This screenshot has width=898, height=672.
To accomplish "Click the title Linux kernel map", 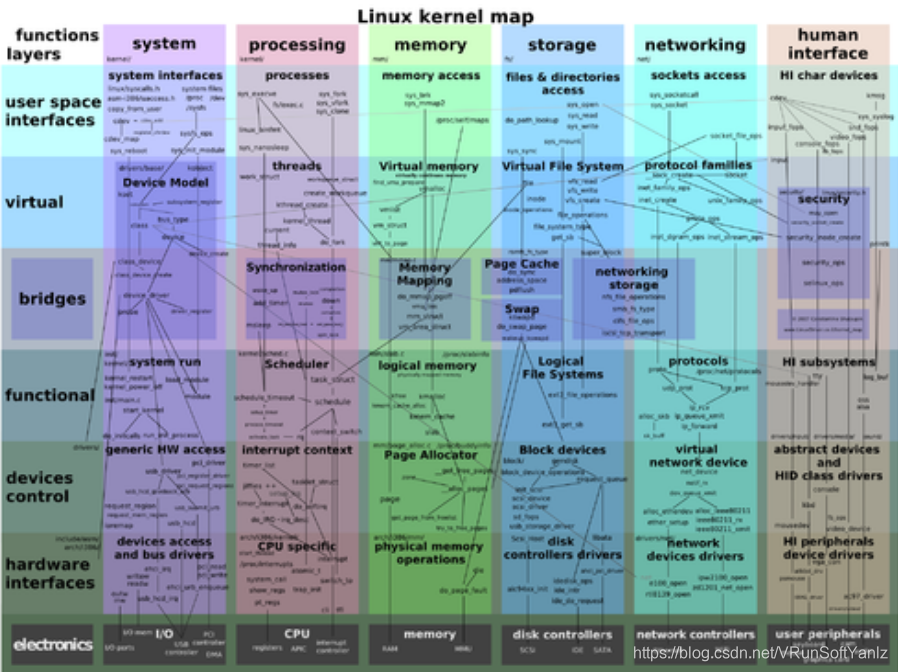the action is tap(446, 15).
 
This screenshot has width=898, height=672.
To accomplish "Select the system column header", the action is tap(164, 44).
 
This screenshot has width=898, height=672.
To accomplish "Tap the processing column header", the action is tap(297, 44).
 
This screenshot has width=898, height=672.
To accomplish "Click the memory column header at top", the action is tap(430, 44).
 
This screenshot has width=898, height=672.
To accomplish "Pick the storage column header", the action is tap(562, 44).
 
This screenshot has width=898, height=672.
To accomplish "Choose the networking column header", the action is tap(695, 44).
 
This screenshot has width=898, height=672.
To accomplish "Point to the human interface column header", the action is tap(828, 44).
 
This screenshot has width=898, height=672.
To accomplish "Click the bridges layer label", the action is tap(52, 298).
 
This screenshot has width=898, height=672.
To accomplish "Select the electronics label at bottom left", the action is tap(53, 644).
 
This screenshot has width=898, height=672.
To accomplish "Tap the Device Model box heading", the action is tap(166, 183).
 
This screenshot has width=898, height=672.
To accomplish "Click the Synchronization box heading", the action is tap(296, 267).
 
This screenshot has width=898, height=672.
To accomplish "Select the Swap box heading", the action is tap(521, 310).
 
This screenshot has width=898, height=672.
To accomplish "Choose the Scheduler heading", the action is tap(296, 364).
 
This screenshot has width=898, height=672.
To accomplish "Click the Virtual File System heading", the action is tap(562, 166).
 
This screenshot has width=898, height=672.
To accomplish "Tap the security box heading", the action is tap(823, 199).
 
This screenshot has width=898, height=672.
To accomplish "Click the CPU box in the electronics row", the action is tap(297, 633).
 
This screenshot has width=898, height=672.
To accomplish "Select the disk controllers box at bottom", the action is tap(562, 634).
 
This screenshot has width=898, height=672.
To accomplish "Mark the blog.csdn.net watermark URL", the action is tap(761, 653).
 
